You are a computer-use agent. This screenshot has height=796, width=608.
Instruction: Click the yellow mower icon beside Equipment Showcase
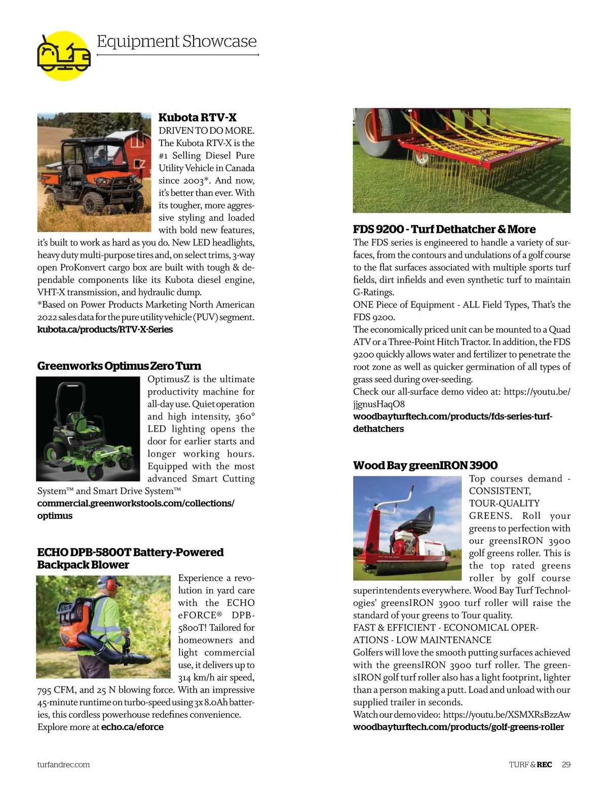pyautogui.click(x=63, y=55)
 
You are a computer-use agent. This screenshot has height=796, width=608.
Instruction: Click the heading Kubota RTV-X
pyautogui.click(x=197, y=118)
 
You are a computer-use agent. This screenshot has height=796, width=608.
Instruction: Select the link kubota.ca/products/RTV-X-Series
pyautogui.click(x=105, y=330)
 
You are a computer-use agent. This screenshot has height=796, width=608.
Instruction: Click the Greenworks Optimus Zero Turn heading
pyautogui.click(x=119, y=366)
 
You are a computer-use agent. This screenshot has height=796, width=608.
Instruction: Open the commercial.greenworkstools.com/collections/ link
pyautogui.click(x=136, y=503)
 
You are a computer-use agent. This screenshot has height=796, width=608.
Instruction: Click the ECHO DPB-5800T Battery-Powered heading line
pyautogui.click(x=130, y=552)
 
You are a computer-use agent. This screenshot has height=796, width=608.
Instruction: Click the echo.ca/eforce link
pyautogui.click(x=132, y=727)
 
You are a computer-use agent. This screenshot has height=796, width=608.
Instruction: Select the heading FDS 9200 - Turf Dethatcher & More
pyautogui.click(x=444, y=229)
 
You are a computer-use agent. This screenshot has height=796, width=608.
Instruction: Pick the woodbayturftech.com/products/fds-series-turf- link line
pyautogui.click(x=452, y=417)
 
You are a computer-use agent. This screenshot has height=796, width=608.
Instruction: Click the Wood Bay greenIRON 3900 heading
pyautogui.click(x=425, y=465)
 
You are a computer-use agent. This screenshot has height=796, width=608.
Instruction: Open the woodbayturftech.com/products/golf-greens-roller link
pyautogui.click(x=458, y=727)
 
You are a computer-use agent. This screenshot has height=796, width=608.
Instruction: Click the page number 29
pyautogui.click(x=566, y=765)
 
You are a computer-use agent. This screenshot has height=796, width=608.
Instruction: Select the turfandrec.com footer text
pyautogui.click(x=63, y=765)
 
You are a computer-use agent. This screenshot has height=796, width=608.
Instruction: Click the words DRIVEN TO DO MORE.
pyautogui.click(x=206, y=130)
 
